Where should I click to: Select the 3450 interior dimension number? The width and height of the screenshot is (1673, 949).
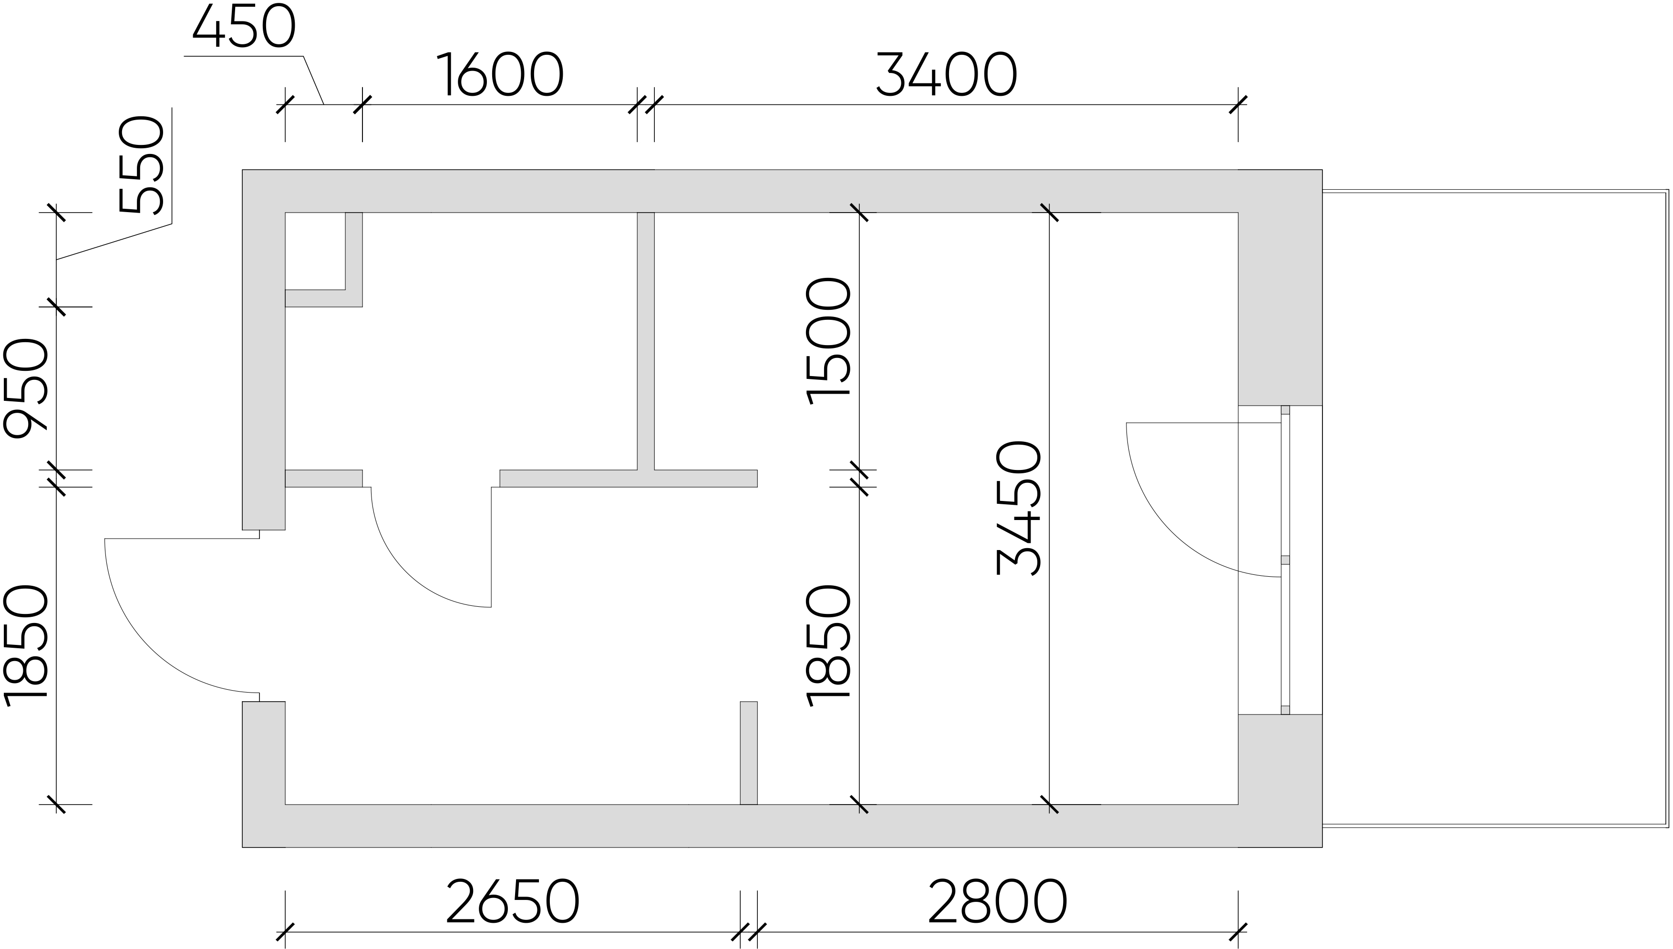coord(1018,508)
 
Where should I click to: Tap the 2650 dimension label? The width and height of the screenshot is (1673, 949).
coord(513,903)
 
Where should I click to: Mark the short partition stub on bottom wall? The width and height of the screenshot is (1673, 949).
coord(748,753)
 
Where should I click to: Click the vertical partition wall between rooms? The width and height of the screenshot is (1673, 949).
coord(645,341)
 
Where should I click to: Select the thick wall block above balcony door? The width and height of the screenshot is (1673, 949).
coord(1280,287)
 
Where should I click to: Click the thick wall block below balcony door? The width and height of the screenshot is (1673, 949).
coord(1280,781)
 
